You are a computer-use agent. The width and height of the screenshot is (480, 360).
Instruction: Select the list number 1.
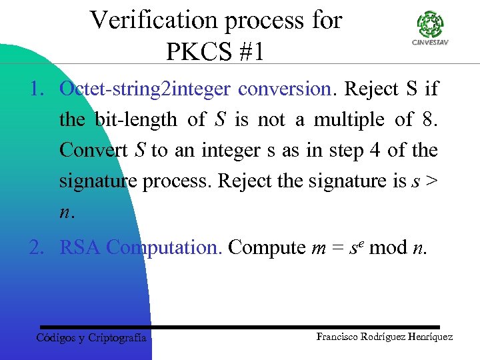coord(35,89)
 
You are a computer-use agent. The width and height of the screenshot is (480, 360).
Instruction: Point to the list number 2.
coord(35,248)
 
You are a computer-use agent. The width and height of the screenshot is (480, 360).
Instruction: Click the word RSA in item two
coord(81,248)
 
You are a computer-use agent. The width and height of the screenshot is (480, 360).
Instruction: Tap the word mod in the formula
coord(387,248)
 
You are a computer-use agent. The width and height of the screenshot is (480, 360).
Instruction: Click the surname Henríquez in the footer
coord(427,337)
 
